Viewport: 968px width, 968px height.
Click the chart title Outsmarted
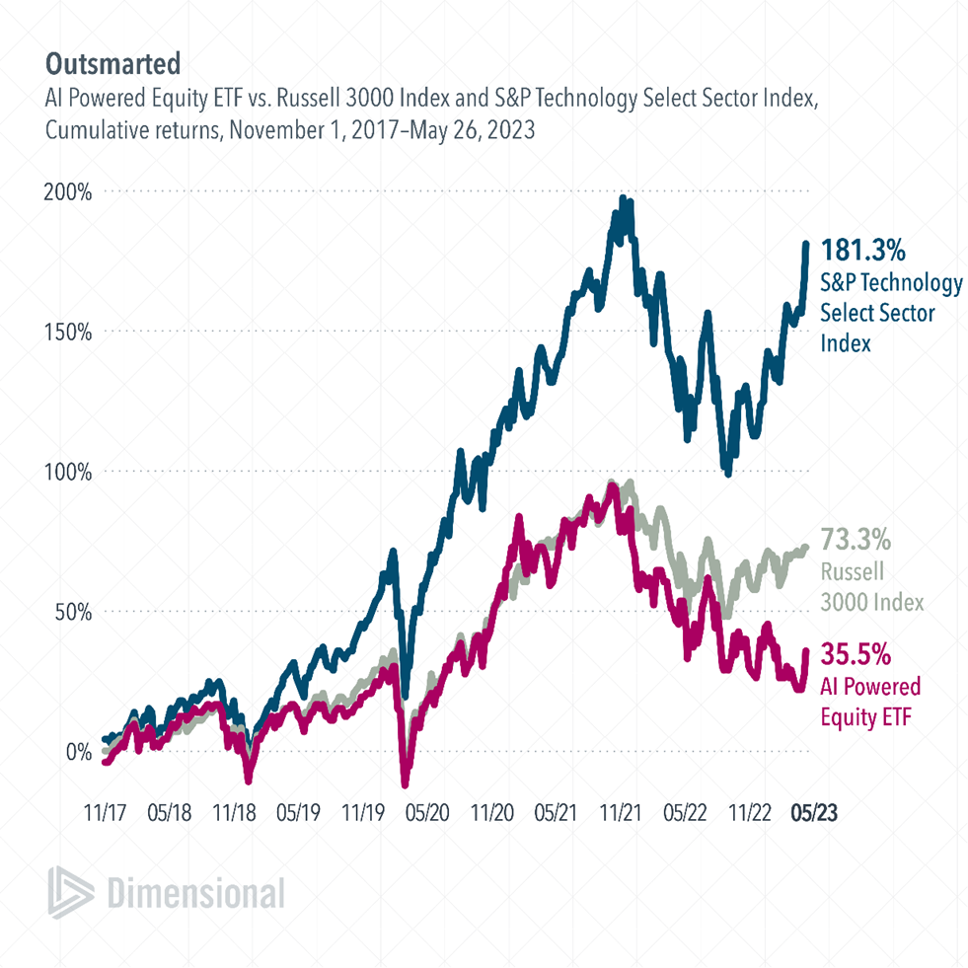tap(112, 64)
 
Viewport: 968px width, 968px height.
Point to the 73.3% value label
tap(856, 541)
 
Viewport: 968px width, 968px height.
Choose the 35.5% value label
tap(856, 654)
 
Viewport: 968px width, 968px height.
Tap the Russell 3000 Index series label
tap(871, 587)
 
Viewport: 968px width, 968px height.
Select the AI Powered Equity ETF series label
tap(870, 701)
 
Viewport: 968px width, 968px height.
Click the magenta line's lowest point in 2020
tap(405, 783)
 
